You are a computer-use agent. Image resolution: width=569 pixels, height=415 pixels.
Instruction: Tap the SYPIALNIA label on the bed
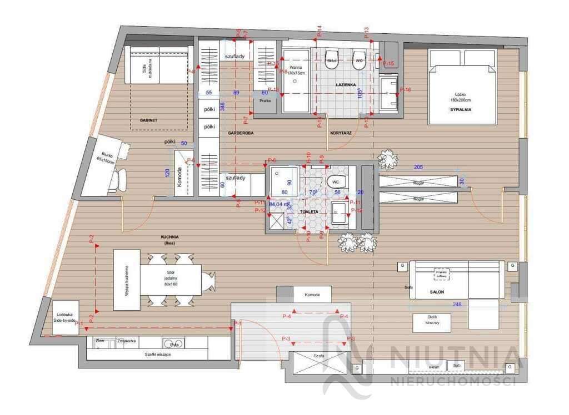[x=461, y=110]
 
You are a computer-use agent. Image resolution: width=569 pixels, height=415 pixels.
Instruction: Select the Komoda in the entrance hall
[x=312, y=295]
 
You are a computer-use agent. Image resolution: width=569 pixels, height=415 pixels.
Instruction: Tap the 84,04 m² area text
[x=279, y=204]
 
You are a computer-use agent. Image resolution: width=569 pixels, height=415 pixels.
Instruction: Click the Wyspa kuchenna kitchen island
[x=127, y=280]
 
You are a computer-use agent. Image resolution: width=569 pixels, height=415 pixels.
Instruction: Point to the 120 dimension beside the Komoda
[x=167, y=173]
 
